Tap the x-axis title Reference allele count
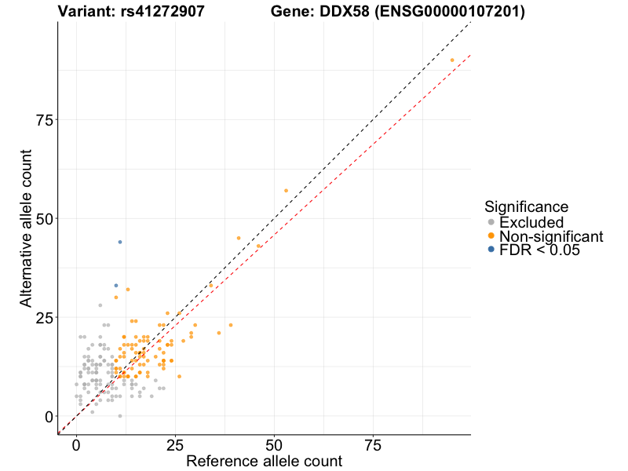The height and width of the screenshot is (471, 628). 264,462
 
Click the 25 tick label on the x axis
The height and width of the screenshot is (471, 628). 175,445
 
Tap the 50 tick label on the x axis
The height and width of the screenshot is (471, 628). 274,445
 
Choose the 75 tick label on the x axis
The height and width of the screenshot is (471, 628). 373,445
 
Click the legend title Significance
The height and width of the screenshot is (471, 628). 527,207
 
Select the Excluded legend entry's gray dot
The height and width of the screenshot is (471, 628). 491,223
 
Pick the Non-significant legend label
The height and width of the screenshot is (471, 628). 551,237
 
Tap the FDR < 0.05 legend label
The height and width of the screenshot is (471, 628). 539,250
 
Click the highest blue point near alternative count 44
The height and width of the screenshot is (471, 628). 120,242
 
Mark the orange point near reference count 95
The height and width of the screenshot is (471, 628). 452,60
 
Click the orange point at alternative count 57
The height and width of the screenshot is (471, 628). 286,191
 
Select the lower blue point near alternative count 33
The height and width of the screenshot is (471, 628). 116,285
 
